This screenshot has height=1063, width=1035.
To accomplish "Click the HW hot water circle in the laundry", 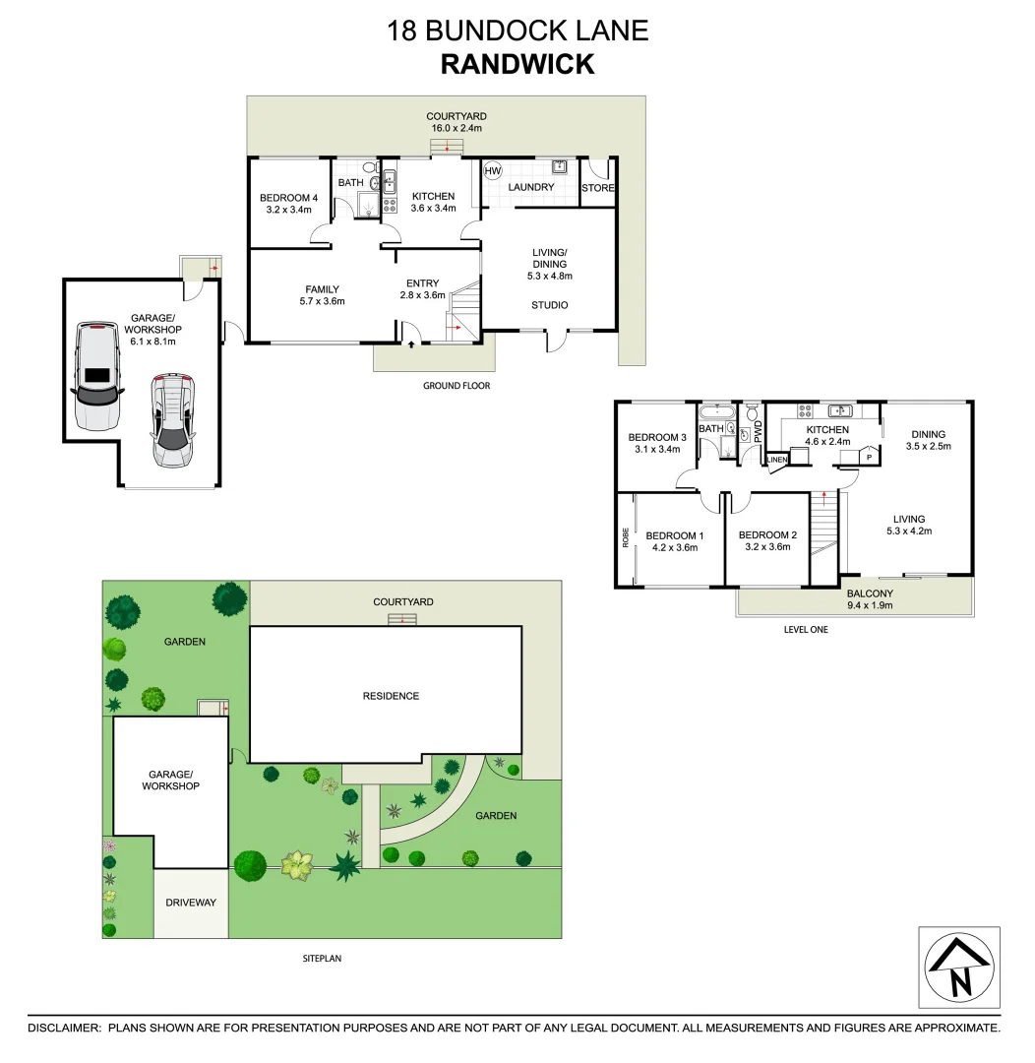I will tap(493, 169).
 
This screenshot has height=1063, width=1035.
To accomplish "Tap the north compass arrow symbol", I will tap(959, 969).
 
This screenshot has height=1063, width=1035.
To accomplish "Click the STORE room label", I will tap(597, 188).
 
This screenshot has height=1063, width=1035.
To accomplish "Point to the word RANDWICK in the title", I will tap(517, 64).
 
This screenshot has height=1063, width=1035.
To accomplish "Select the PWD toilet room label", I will tap(758, 431).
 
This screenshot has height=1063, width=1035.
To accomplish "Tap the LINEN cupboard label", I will tap(777, 460).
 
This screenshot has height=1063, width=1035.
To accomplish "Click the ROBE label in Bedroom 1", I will tap(625, 536).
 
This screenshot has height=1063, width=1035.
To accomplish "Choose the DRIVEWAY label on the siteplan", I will tap(191, 903).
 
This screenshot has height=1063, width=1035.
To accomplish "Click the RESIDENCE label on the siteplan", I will tap(391, 696).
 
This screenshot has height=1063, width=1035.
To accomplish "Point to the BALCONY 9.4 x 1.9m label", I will tap(870, 599).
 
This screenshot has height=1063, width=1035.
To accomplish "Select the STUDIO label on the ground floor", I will tap(550, 305).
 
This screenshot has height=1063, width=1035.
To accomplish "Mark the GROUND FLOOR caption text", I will tap(457, 386).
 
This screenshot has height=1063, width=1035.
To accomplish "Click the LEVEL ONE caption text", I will tap(806, 629).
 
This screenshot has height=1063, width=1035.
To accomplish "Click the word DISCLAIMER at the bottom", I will tap(64, 1028).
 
